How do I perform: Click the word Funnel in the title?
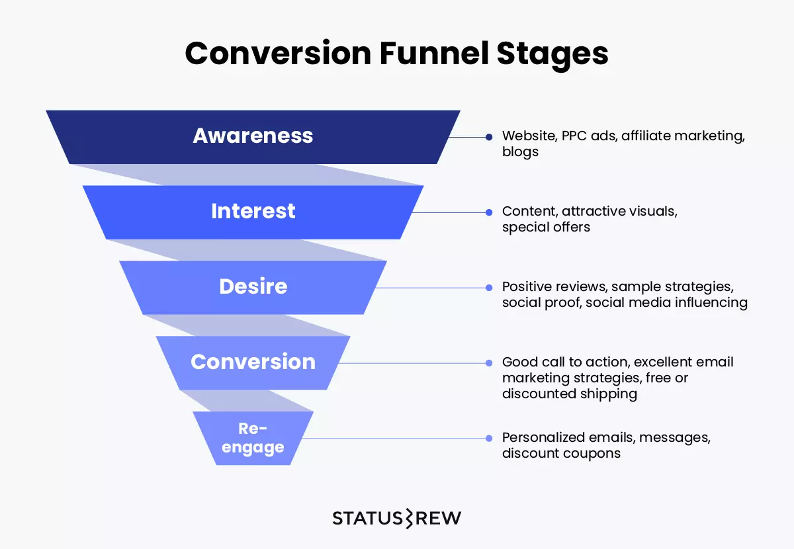(x=434, y=53)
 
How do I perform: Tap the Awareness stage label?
(x=253, y=136)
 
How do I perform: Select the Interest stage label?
(x=253, y=211)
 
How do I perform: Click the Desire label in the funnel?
(x=253, y=286)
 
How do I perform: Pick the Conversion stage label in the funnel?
(x=253, y=362)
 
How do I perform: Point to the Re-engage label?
(x=253, y=438)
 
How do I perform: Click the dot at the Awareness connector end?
(x=489, y=137)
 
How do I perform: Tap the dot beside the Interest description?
(x=489, y=212)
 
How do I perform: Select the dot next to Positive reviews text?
(x=489, y=288)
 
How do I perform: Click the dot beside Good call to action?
(x=489, y=363)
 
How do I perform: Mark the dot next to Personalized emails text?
(x=489, y=439)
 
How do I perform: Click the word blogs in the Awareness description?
(x=520, y=152)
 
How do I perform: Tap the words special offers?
(x=546, y=227)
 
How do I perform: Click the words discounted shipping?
(x=569, y=394)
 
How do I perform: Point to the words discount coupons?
(x=561, y=453)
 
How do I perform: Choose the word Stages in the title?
(x=552, y=55)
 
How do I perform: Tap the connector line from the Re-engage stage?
(x=394, y=439)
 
